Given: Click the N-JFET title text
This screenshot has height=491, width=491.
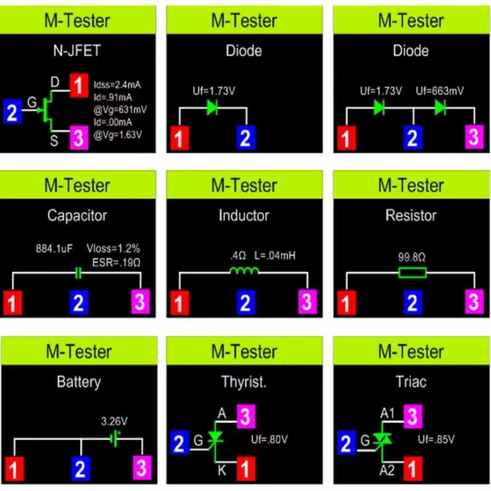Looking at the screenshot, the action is coord(77,51).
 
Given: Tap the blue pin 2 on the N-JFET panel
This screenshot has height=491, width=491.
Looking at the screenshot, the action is coord(12,111).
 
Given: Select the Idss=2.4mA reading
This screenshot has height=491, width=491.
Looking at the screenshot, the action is coord(117,84).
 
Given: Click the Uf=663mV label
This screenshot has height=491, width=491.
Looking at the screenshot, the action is coord(439,91).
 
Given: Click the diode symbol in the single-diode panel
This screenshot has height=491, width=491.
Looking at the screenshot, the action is coord(212,108).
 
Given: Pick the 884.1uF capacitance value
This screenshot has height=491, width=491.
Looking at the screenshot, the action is coord(54,249).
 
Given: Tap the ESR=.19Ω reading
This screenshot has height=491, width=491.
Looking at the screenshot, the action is coord(116,262).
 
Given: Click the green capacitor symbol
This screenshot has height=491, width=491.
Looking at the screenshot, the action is coord(79,273).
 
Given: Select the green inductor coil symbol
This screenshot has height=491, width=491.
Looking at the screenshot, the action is coord(244,271).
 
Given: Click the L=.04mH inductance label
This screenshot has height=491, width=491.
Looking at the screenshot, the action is coord(275,256).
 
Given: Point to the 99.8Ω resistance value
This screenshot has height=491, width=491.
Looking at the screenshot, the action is coord(411,257).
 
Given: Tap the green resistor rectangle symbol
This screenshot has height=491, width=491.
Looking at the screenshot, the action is coord(412,272).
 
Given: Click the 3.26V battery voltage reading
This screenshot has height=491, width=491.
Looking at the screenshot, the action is coord(114,421).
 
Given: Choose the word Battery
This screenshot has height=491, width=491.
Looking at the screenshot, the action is coord(79,382).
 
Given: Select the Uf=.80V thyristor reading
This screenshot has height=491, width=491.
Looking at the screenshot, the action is coord(269,440).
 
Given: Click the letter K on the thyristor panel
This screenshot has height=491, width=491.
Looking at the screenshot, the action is coord(222,470).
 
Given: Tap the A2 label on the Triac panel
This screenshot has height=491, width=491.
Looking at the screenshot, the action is coord(387,470).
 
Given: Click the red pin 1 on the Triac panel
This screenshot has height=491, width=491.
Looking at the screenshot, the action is coord(413,469).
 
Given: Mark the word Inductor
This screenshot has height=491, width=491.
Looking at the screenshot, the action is coord(244,215).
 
